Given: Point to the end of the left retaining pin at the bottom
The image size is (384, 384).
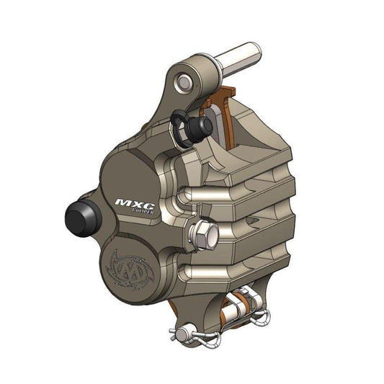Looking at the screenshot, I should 174,332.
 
